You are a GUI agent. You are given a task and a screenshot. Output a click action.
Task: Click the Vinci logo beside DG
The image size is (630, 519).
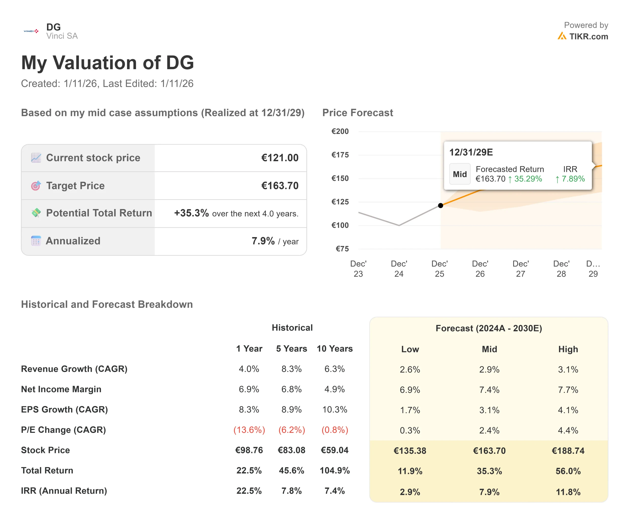point(31,31)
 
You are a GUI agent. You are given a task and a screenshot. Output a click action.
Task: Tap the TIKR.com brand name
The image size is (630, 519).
point(588,36)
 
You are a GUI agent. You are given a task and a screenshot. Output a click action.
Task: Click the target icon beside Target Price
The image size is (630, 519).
point(36,186)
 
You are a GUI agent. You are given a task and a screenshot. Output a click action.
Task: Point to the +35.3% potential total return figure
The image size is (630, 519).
point(191,213)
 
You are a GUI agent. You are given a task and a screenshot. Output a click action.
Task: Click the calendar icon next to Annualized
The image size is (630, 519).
point(36,241)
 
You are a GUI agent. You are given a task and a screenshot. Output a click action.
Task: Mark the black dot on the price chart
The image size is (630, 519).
point(441,205)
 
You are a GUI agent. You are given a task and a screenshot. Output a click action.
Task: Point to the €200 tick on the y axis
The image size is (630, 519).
point(340,131)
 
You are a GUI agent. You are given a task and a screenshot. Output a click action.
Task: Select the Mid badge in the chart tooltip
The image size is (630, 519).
point(460,174)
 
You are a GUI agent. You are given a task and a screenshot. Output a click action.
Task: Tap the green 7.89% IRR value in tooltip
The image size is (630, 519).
point(573,179)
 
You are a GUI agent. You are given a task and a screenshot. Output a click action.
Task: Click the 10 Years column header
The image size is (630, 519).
point(334,349)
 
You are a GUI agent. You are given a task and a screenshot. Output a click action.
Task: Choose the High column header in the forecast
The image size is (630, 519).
point(568,349)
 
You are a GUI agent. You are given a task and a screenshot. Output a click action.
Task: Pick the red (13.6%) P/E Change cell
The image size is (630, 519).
point(249,430)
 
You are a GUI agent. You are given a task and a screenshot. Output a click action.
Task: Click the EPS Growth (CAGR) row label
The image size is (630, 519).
point(64,410)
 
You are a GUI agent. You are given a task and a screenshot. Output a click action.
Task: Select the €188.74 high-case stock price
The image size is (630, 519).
point(568,451)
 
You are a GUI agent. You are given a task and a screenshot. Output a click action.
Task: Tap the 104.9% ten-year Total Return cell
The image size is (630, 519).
point(334,470)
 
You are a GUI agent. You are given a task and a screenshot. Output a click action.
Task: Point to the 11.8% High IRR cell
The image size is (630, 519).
point(568,492)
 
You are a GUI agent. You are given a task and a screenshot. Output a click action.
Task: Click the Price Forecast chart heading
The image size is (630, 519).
point(357,113)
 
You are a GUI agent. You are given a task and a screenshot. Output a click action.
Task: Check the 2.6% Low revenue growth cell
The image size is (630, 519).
point(410,370)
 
